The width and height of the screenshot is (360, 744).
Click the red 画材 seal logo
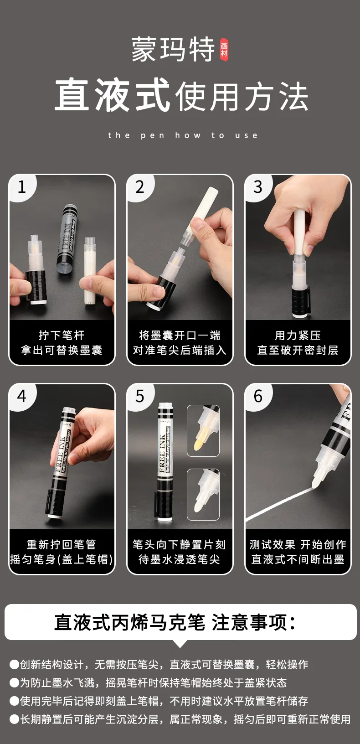pos(224,50)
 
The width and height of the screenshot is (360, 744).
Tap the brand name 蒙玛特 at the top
pos(173,50)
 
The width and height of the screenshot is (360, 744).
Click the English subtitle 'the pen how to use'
pos(183,135)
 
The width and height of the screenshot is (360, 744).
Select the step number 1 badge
pos(22,186)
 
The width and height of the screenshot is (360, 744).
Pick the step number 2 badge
pos(140,186)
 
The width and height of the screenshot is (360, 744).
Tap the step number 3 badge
pos(258,186)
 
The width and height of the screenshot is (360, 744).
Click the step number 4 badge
pos(22,396)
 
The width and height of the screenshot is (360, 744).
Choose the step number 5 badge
pos(140,396)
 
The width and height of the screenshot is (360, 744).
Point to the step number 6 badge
pos(258,396)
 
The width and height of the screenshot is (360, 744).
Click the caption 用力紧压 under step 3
pos(298,336)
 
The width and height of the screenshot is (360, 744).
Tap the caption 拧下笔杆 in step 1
pos(62,336)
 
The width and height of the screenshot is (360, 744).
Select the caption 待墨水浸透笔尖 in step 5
pos(180,559)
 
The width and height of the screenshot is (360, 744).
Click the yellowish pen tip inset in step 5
pos(203,431)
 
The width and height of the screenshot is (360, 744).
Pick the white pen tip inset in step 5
pos(203,494)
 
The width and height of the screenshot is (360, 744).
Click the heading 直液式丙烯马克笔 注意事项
pos(175,622)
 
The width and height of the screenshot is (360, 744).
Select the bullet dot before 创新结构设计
pos(14,664)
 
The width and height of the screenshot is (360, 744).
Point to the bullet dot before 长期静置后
pos(14,719)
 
